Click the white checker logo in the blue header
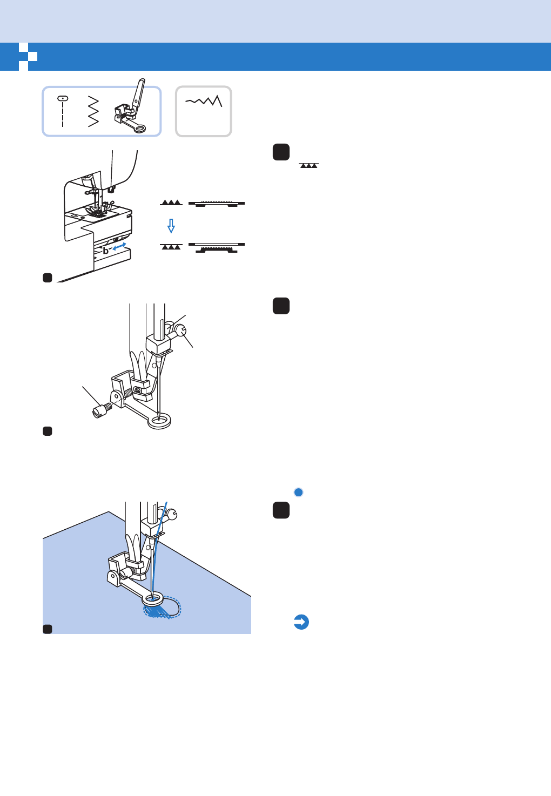click(28, 56)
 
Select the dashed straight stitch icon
click(63, 111)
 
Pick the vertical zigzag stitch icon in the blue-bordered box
click(93, 111)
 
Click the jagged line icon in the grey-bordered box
click(204, 101)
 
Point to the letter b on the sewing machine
click(106, 251)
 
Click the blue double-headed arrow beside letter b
click(120, 247)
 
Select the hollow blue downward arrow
click(171, 225)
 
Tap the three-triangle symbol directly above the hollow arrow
click(171, 203)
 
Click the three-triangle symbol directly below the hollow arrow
click(171, 246)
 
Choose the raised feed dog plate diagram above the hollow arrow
click(217, 204)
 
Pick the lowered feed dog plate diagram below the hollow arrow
click(217, 248)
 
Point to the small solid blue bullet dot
click(298, 492)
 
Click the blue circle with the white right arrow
click(301, 622)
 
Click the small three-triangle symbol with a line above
click(309, 165)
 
